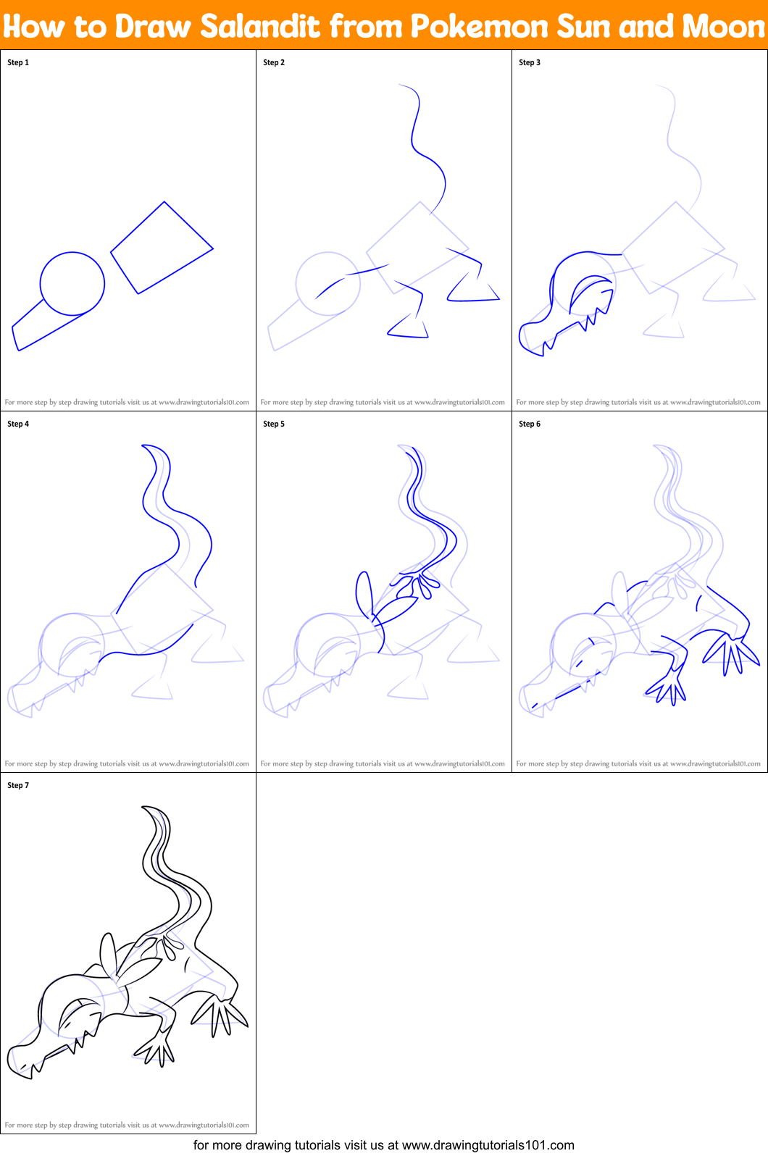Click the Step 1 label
[18, 62]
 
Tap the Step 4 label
[18, 424]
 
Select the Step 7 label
[18, 785]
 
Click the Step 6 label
[530, 424]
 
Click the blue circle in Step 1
[72, 283]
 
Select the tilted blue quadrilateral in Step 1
[162, 248]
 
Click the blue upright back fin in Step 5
[364, 593]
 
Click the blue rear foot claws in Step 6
[732, 652]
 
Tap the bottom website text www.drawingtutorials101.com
[488, 1145]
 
